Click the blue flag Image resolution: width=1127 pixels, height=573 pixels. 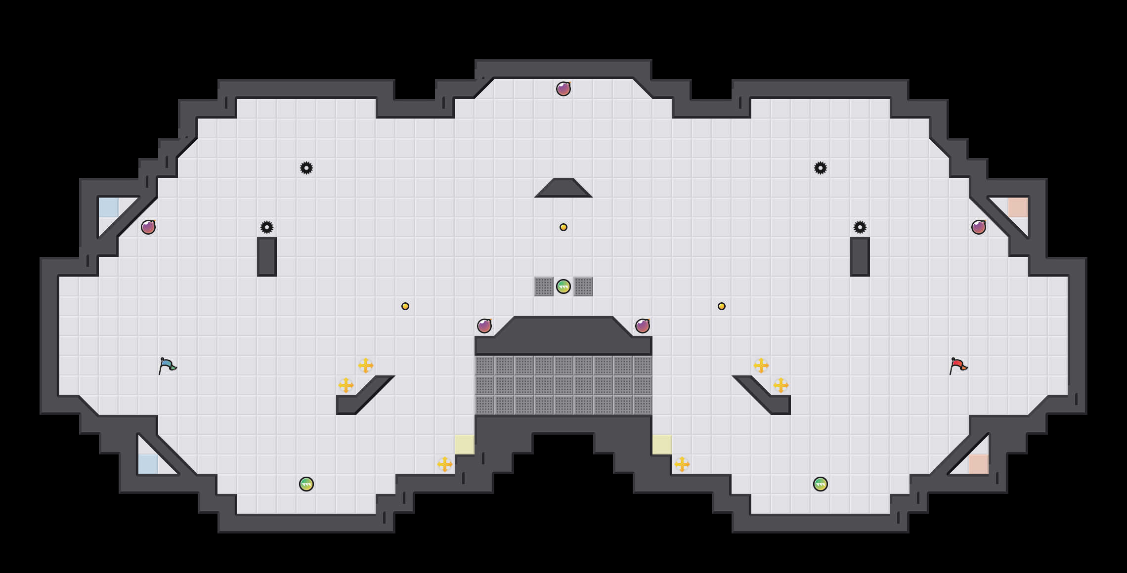point(167,366)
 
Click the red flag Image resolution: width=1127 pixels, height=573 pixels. point(958,366)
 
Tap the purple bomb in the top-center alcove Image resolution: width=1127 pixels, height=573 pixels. point(563,89)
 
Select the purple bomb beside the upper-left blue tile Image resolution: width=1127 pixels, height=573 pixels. point(148,227)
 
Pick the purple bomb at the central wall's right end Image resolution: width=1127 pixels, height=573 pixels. point(643,326)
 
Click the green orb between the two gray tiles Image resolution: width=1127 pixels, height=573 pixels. point(563,286)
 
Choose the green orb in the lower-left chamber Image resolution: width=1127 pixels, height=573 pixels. point(306,484)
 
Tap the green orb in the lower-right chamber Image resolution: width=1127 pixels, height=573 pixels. point(821,484)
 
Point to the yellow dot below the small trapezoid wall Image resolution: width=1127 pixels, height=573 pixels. point(563,227)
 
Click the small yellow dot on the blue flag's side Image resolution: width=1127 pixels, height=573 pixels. point(405,306)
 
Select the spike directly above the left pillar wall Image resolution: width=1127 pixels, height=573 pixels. point(267,227)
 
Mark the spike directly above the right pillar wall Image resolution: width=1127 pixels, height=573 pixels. point(860,227)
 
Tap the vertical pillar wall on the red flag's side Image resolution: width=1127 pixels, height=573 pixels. point(860,257)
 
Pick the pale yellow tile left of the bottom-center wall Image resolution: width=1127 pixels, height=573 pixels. point(465,445)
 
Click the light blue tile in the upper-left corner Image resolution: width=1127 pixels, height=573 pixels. point(109,207)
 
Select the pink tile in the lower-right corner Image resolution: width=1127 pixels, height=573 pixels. point(979,464)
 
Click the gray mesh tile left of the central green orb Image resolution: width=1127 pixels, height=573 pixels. point(544,286)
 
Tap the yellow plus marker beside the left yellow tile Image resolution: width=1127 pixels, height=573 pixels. point(445,464)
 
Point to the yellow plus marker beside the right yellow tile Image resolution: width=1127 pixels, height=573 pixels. point(682,464)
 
